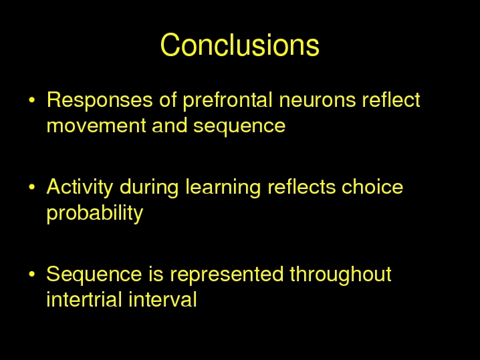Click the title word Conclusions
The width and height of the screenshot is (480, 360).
(240, 45)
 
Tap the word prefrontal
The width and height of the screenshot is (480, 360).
(227, 100)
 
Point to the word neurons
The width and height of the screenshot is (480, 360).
(318, 100)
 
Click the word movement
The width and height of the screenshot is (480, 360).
(96, 126)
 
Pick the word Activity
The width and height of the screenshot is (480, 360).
(80, 188)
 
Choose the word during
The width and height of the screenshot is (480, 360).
(149, 188)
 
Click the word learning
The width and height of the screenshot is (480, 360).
(223, 188)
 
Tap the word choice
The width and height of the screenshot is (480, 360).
(372, 186)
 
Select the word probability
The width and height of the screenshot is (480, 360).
(95, 213)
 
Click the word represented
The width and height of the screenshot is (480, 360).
(227, 275)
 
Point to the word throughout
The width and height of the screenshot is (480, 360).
(341, 275)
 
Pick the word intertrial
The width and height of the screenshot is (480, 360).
(84, 299)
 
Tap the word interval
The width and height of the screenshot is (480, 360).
(162, 299)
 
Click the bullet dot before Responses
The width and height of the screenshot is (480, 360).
(32, 100)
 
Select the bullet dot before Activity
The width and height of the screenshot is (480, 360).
(32, 187)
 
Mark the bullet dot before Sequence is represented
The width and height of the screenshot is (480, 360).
(32, 274)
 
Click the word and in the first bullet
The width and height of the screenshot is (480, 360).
(169, 125)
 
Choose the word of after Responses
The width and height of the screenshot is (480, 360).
(168, 100)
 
